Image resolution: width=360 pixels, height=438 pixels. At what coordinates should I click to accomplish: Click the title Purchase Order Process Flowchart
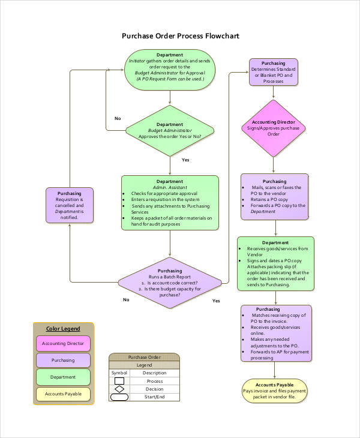180,36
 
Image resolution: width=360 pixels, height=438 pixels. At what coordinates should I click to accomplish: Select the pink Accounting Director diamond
274,128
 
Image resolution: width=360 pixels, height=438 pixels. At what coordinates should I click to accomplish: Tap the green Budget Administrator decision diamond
170,130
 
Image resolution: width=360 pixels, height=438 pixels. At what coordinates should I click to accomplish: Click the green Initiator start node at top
170,70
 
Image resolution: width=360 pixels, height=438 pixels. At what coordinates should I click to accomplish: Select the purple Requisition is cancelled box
70,205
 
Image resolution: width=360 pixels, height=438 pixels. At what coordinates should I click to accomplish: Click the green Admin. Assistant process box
170,203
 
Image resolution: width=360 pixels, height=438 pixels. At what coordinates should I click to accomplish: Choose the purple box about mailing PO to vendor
274,196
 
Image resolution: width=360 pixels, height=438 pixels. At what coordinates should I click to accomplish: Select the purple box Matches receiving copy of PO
276,333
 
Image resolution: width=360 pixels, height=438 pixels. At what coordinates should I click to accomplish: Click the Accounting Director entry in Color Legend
63,343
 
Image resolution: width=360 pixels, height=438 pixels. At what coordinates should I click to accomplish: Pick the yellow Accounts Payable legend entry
63,394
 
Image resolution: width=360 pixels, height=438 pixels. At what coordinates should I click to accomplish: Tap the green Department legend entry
63,377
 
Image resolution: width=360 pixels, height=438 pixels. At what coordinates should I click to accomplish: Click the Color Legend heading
63,328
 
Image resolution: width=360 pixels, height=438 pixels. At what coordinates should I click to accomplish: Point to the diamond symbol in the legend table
119,389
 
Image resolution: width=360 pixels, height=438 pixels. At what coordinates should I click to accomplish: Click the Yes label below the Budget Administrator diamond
185,160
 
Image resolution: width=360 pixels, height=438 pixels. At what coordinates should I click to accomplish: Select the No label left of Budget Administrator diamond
118,118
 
